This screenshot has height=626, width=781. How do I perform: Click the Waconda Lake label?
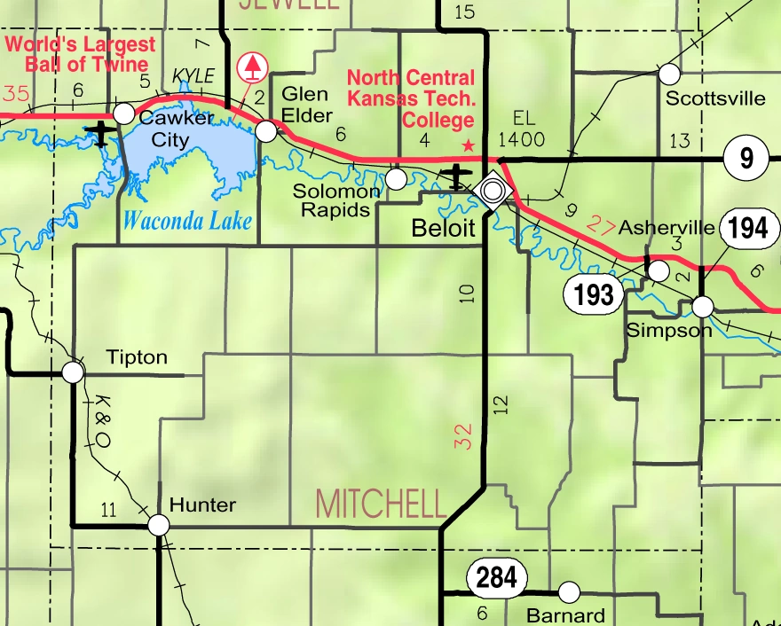pos(186,221)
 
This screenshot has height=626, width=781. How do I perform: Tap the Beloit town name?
pos(444,228)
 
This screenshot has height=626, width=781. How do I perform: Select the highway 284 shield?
pos(495,578)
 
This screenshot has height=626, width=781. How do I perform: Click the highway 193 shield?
pos(594,293)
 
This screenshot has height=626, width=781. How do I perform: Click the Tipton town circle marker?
pos(73,372)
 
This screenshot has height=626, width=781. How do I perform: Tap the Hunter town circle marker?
pos(159,525)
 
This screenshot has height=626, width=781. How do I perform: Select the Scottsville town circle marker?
pos(669,74)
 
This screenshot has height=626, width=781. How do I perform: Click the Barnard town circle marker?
pos(569,591)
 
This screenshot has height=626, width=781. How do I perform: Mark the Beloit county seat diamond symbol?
pos(491,189)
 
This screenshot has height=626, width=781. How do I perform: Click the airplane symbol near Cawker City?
pos(100,135)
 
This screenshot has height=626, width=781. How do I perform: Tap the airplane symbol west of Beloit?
pos(457,176)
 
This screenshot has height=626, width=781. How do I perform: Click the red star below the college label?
pos(469,145)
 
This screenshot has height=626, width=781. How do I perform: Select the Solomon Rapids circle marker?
pos(397,179)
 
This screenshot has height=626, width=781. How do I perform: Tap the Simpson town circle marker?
pos(702,307)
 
